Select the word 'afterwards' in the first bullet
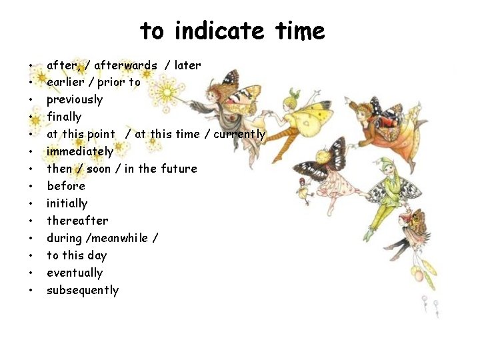pyautogui.click(x=126, y=65)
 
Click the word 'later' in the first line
pyautogui.click(x=187, y=65)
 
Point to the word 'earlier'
pyautogui.click(x=69, y=83)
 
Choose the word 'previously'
pyautogui.click(x=75, y=100)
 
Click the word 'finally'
pyautogui.click(x=64, y=117)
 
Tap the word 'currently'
pyautogui.click(x=239, y=135)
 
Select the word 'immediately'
pyautogui.click(x=80, y=152)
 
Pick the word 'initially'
pyautogui.click(x=67, y=203)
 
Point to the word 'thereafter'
pyautogui.click(x=77, y=221)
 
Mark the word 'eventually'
pyautogui.click(x=75, y=273)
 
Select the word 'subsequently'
pyautogui.click(x=83, y=290)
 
